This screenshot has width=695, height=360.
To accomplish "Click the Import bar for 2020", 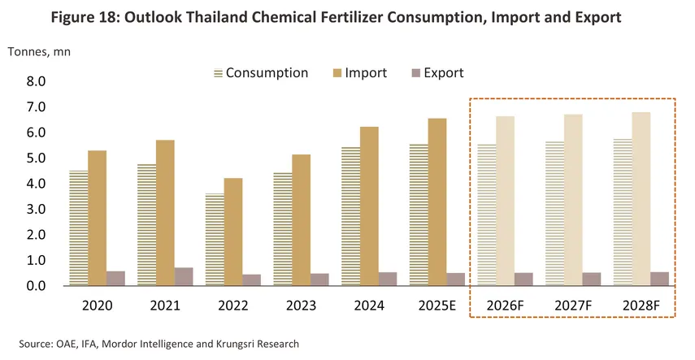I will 97,218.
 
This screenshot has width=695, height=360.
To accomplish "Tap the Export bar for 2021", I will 184,276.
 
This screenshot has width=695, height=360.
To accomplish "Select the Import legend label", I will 366,73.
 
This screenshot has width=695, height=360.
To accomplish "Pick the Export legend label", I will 442,73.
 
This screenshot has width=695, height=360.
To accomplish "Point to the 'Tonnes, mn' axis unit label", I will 38,53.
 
